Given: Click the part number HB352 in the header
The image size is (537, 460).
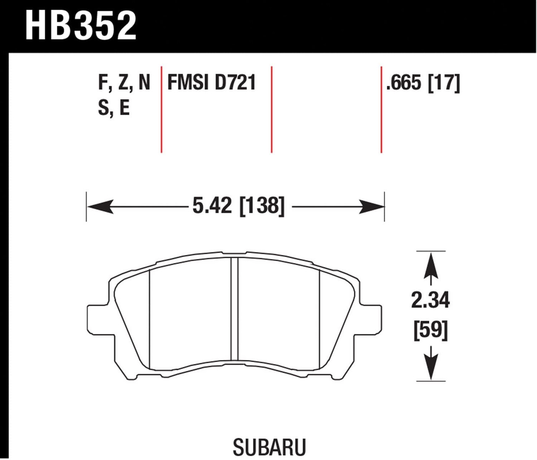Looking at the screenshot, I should [81, 26].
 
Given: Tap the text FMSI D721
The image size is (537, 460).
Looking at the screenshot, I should [211, 82].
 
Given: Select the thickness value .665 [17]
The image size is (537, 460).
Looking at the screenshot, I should [423, 83].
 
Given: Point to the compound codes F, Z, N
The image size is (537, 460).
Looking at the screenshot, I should [124, 82].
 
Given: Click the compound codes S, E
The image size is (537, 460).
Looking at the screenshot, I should [114, 108].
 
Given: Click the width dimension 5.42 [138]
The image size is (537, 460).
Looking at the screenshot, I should [238, 206].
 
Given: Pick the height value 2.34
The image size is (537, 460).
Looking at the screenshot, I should [430, 301].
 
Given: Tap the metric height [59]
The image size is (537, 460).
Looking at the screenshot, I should [431, 330].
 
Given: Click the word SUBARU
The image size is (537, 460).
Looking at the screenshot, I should [269, 447].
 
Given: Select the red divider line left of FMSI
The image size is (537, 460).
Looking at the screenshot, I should [162, 109].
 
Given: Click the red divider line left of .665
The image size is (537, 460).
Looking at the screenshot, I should [381, 109].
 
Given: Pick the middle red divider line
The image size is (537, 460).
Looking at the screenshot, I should [272, 109].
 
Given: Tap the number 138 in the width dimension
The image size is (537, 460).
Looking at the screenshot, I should [262, 206].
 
